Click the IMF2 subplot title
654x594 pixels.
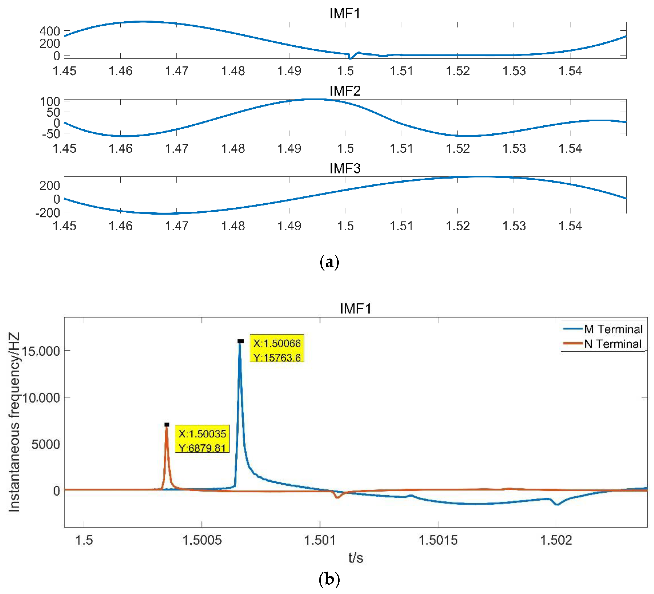(x=345, y=91)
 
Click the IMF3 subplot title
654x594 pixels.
(x=345, y=168)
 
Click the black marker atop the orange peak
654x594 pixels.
(x=167, y=425)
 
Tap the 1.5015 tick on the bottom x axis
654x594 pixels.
(x=438, y=540)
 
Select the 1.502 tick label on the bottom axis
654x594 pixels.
(x=556, y=540)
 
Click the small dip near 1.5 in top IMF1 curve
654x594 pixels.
(x=350, y=57)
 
